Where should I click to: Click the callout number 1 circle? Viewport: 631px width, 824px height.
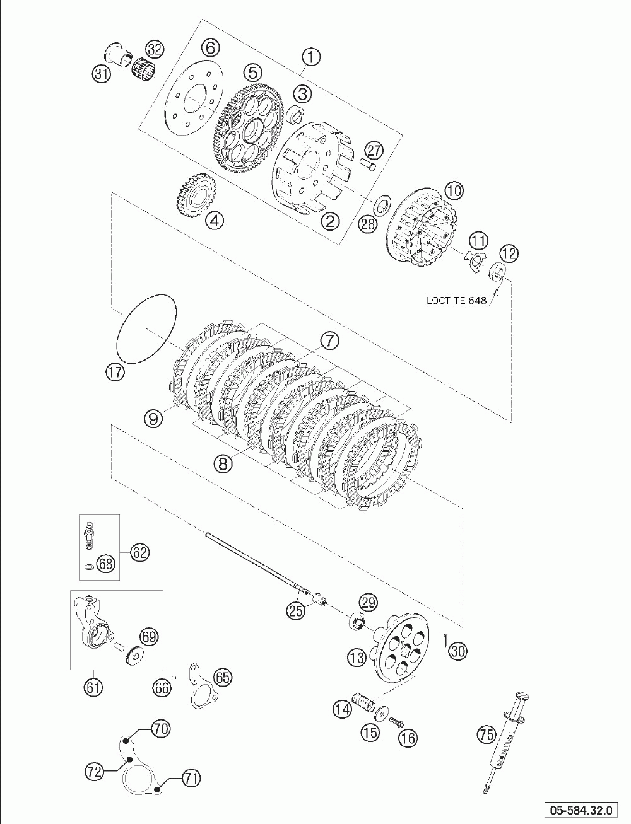point(311,57)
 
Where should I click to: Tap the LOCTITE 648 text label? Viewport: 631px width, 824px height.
point(456,300)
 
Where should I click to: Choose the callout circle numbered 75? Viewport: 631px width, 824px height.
point(487,734)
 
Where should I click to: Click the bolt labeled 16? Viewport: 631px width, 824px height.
point(396,721)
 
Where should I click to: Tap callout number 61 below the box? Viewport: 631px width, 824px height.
point(93,687)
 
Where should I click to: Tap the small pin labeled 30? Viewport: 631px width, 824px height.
point(446,641)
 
